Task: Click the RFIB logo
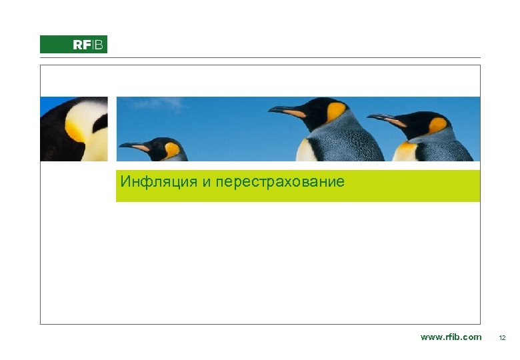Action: coord(73,45)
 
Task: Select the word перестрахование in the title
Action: coord(281,181)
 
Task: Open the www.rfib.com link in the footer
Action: coord(451,337)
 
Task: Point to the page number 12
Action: coord(503,338)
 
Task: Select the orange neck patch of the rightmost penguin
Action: coord(437,125)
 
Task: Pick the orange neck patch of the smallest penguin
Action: coord(172,150)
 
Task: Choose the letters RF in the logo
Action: coord(81,45)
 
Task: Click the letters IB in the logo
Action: coord(97,45)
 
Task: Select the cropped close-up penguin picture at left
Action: coord(73,129)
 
